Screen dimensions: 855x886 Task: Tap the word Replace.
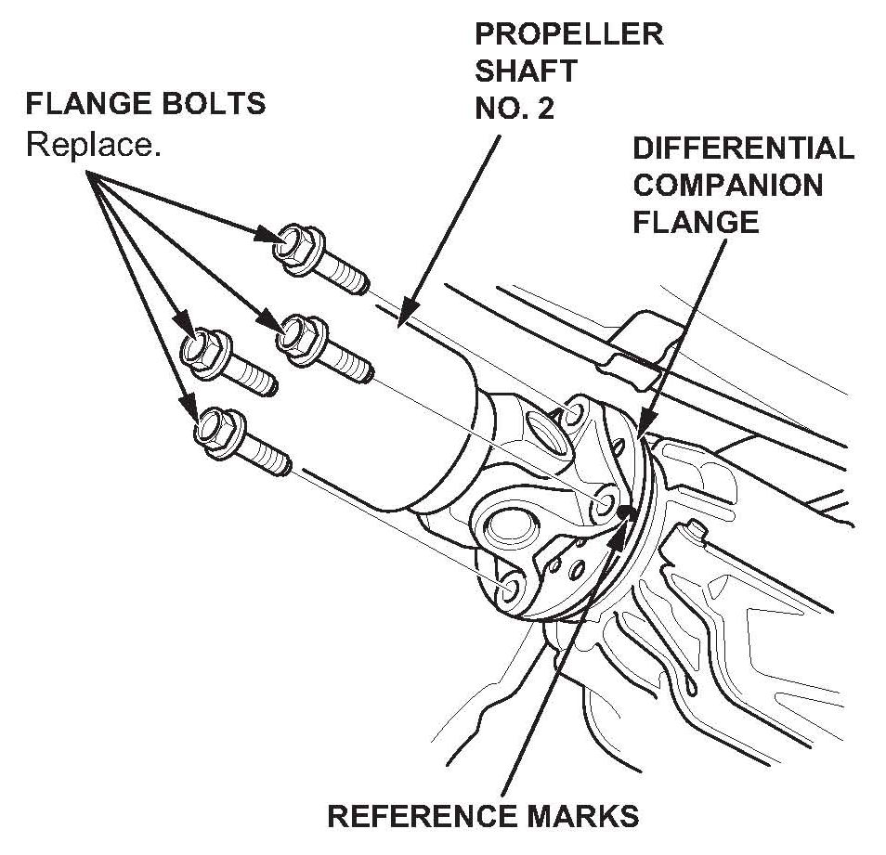[93, 144]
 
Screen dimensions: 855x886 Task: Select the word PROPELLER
[568, 34]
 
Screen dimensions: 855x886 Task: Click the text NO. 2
[515, 108]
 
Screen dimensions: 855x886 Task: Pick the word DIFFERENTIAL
[743, 148]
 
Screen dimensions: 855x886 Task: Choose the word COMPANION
[727, 185]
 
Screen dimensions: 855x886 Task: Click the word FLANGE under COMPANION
[696, 222]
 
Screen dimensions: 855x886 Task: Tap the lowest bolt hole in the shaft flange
[508, 589]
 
